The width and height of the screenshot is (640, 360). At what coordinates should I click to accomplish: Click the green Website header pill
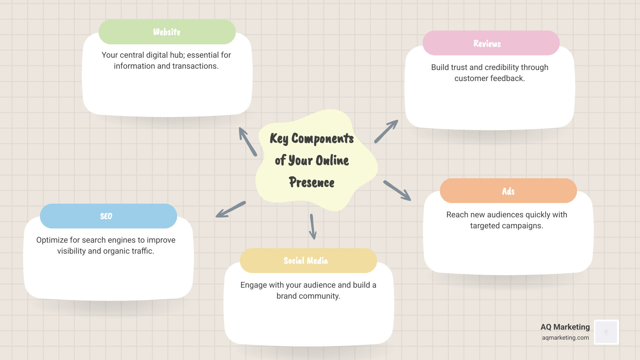[x=167, y=32]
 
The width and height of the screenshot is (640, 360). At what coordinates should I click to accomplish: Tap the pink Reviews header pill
[x=491, y=43]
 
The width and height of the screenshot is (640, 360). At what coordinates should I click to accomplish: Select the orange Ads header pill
[x=508, y=191]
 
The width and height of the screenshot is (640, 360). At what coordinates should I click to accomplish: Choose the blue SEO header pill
[x=108, y=216]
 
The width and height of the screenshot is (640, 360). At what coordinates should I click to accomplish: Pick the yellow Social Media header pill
[x=308, y=261]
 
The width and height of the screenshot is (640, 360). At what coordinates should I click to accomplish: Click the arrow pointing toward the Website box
[x=247, y=141]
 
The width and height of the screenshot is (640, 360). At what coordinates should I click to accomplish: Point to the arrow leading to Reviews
[x=386, y=131]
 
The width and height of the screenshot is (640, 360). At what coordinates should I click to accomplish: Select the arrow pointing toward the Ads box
[x=397, y=191]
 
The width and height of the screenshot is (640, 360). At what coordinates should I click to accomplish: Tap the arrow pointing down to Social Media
[x=313, y=227]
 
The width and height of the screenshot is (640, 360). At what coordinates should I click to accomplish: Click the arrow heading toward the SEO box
[x=231, y=209]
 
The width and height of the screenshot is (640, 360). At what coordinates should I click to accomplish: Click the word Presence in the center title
[x=312, y=182]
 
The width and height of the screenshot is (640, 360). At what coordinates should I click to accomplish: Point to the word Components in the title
[x=322, y=138]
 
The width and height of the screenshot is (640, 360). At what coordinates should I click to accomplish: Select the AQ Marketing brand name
[x=565, y=327]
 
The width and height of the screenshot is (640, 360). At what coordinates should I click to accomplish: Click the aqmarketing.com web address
[x=565, y=338]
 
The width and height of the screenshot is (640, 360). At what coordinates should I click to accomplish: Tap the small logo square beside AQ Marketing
[x=606, y=332]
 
